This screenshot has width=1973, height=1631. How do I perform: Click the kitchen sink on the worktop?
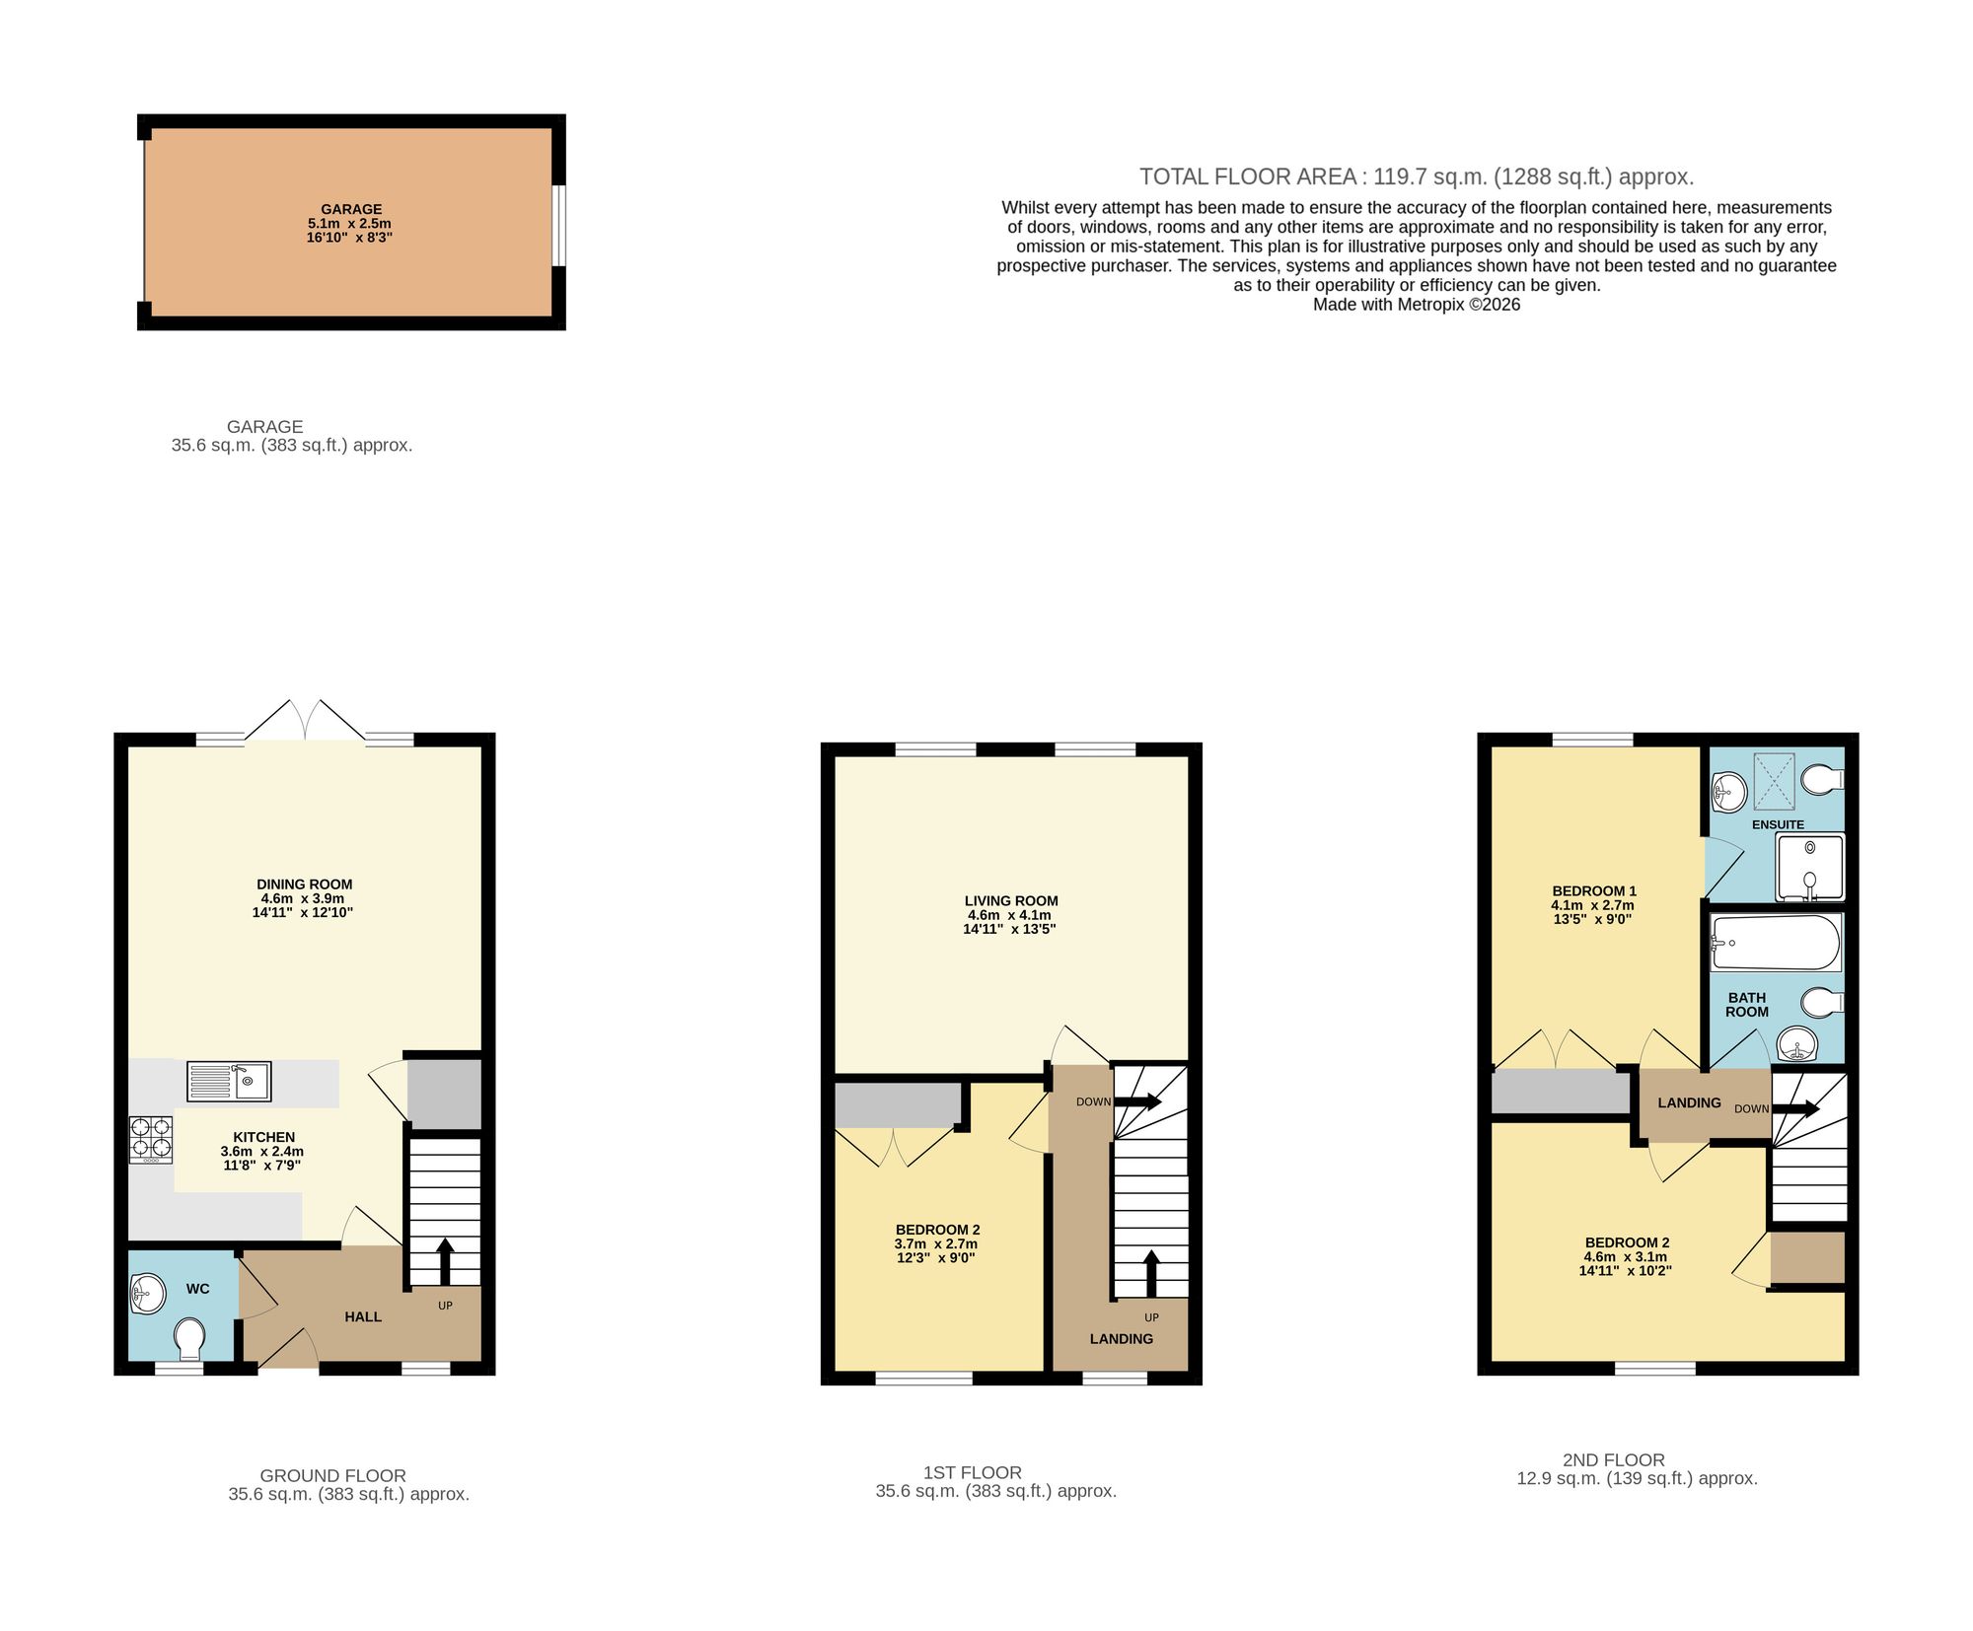(229, 1081)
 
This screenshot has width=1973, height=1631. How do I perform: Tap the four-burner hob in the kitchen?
(150, 1139)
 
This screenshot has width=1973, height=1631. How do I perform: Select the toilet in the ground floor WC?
(189, 1338)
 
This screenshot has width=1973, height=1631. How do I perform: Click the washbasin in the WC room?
(147, 1293)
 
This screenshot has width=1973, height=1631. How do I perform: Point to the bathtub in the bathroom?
(1776, 942)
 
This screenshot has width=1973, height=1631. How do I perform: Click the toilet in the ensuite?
(1821, 779)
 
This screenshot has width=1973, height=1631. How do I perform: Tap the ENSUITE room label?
(1778, 824)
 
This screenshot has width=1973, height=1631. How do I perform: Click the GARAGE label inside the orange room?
(351, 209)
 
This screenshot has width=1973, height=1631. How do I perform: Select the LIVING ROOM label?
(1011, 900)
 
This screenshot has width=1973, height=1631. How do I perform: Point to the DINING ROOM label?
(304, 885)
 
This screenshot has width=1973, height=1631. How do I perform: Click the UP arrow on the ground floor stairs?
(445, 1258)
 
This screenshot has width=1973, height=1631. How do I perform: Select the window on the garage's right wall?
(558, 225)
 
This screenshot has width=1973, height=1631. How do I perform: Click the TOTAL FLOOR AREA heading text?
(1417, 177)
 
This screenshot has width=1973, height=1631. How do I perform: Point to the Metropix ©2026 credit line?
(1417, 305)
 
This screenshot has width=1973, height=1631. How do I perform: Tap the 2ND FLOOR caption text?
(1614, 1459)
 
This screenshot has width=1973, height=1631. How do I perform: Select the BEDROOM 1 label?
(1594, 890)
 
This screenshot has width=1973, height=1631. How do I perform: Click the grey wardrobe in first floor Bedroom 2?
(898, 1104)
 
